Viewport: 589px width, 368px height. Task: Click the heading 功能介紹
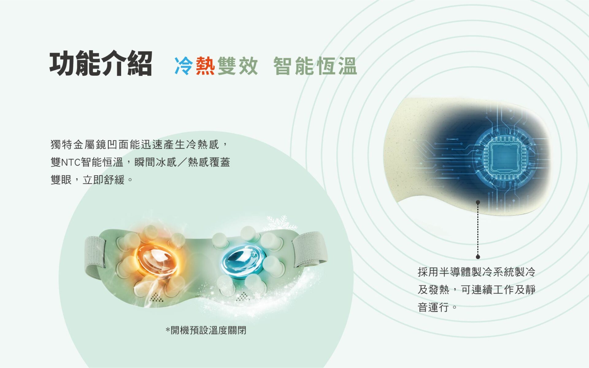tap(101, 63)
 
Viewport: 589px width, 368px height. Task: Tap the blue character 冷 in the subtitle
tap(184, 66)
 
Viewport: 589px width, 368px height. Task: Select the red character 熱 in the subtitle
tap(205, 66)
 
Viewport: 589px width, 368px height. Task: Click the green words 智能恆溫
tap(315, 66)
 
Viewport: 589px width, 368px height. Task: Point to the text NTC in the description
tap(71, 162)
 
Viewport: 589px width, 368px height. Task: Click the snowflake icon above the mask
tap(279, 223)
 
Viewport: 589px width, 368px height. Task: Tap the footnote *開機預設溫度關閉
tap(206, 330)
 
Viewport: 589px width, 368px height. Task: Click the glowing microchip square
tap(505, 157)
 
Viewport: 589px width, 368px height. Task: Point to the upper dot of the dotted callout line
tap(478, 202)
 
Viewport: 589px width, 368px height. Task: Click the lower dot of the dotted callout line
tap(478, 257)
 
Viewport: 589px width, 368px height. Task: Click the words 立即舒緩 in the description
tap(104, 180)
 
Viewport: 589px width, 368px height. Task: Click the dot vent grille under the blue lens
tap(243, 297)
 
